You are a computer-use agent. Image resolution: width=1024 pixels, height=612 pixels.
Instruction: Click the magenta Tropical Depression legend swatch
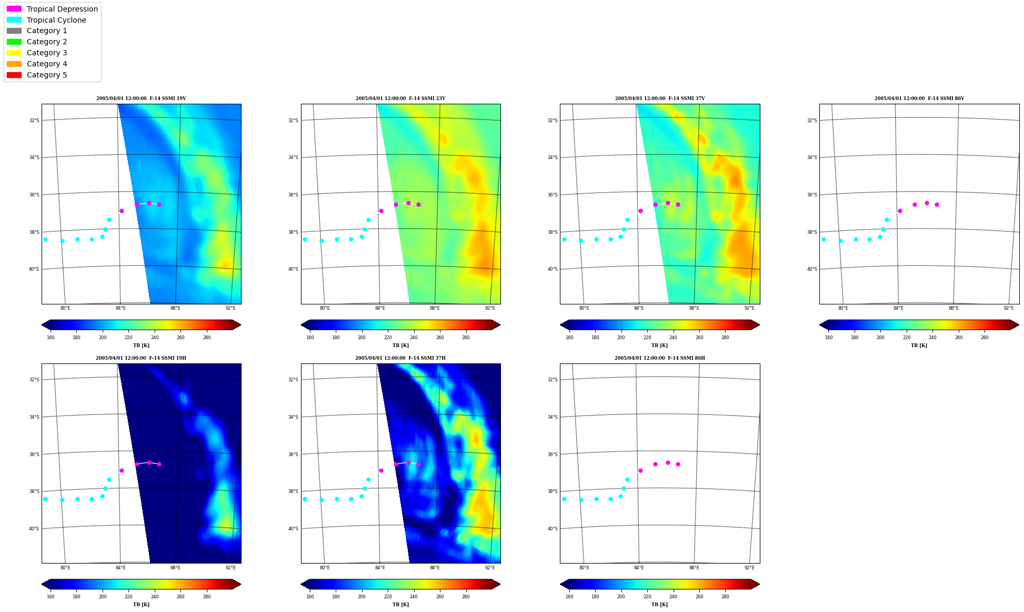(14, 9)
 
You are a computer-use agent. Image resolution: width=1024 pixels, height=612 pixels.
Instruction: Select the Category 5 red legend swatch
(14, 75)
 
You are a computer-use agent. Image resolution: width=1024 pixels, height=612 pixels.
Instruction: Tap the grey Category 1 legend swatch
(14, 31)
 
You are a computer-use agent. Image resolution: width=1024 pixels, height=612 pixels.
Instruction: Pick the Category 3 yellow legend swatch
(14, 53)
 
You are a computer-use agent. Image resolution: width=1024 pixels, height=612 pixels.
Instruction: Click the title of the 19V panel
(141, 98)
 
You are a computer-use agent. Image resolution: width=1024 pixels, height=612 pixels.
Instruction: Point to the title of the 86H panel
(660, 358)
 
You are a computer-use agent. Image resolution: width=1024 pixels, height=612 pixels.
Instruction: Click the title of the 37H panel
(400, 358)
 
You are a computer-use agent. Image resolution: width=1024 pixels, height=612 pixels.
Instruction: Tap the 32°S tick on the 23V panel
(293, 121)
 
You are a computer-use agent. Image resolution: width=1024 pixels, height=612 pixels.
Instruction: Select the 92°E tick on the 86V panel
(1009, 308)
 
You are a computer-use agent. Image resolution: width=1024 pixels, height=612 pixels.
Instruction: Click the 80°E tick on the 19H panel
(65, 568)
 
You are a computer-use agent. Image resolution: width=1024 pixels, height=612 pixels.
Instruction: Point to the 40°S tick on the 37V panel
(553, 269)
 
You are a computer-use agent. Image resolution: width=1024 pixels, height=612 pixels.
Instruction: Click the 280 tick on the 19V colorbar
(207, 338)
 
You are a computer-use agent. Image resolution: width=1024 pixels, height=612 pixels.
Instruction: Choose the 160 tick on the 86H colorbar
(569, 597)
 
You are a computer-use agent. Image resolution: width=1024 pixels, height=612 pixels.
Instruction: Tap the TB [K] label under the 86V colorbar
(919, 346)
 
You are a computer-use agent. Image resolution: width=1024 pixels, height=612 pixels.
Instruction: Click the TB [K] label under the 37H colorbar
(400, 605)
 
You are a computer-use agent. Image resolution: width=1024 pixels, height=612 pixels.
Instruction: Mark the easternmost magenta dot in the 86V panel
(937, 204)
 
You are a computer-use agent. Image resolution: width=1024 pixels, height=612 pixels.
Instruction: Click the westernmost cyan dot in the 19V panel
(45, 239)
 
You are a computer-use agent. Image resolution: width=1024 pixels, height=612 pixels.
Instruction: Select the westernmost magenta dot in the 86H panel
(640, 470)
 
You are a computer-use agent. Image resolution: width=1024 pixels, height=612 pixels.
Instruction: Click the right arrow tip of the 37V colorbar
(760, 325)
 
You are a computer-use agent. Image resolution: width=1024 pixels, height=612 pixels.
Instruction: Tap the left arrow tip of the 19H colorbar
(42, 584)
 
